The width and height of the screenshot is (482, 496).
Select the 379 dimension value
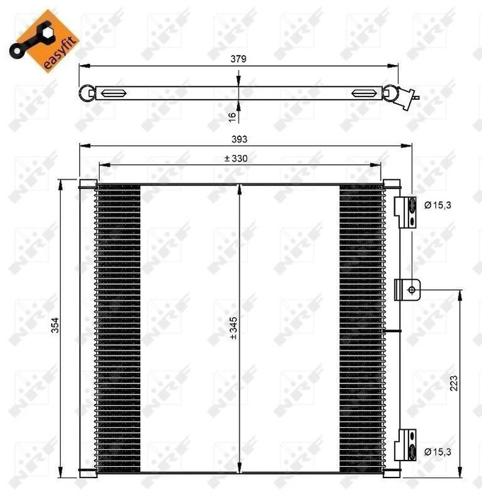pyautogui.click(x=238, y=60)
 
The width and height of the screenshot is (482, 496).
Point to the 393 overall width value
pyautogui.click(x=244, y=140)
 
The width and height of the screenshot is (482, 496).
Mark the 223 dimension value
pyautogui.click(x=453, y=382)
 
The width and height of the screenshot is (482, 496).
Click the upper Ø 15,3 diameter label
pyautogui.click(x=437, y=205)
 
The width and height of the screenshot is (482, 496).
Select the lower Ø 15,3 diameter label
pyautogui.click(x=437, y=451)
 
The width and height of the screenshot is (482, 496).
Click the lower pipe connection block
pyautogui.click(x=403, y=445)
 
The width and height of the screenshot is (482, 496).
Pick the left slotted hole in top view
pyautogui.click(x=114, y=93)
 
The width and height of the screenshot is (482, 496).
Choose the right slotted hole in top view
pyautogui.click(x=365, y=93)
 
